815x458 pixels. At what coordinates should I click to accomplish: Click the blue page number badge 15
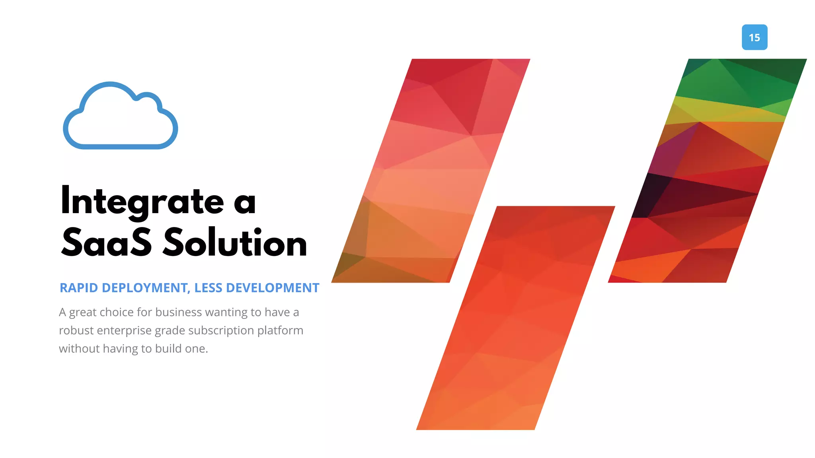pyautogui.click(x=754, y=37)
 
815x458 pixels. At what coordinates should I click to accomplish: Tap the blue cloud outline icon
pyautogui.click(x=120, y=116)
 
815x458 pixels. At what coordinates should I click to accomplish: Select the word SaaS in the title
pyautogui.click(x=107, y=243)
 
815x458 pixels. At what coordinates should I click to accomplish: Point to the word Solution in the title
pyautogui.click(x=235, y=243)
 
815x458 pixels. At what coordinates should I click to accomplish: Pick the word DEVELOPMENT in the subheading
pyautogui.click(x=273, y=288)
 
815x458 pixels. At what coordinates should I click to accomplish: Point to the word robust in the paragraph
pyautogui.click(x=76, y=330)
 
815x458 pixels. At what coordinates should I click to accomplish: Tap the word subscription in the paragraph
pyautogui.click(x=221, y=330)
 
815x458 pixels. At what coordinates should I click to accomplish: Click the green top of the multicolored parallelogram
pyautogui.click(x=740, y=80)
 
